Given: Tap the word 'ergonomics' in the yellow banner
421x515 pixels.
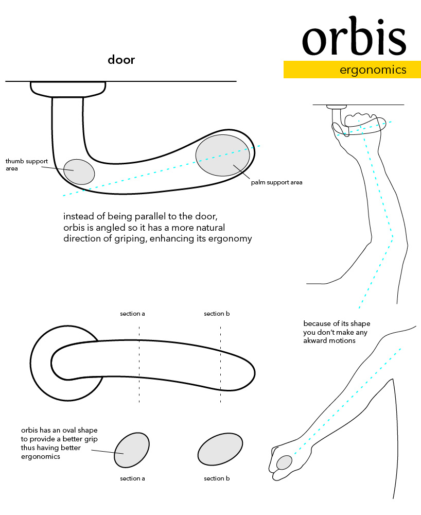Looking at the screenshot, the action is click(373, 70).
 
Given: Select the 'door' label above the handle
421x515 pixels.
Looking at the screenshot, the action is click(121, 59).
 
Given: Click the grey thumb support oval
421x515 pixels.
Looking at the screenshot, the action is click(79, 172).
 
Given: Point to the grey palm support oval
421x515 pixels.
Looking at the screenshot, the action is click(223, 156).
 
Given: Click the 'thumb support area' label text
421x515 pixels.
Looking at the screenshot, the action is click(27, 165).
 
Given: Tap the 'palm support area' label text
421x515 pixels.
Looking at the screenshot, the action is click(276, 182).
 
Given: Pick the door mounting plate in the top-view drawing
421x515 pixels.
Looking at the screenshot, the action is click(68, 89).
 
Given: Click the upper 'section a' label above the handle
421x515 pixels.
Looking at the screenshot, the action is click(132, 314).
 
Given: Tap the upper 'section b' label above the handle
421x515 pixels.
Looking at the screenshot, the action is click(217, 314).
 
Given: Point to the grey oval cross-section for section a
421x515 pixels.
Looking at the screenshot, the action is click(132, 450).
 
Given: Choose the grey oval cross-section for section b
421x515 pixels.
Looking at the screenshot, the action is click(220, 449).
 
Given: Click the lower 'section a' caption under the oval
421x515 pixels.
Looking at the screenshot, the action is click(132, 478).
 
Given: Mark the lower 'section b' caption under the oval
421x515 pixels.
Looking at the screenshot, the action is click(217, 478).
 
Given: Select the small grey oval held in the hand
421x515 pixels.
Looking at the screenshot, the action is click(284, 462).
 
